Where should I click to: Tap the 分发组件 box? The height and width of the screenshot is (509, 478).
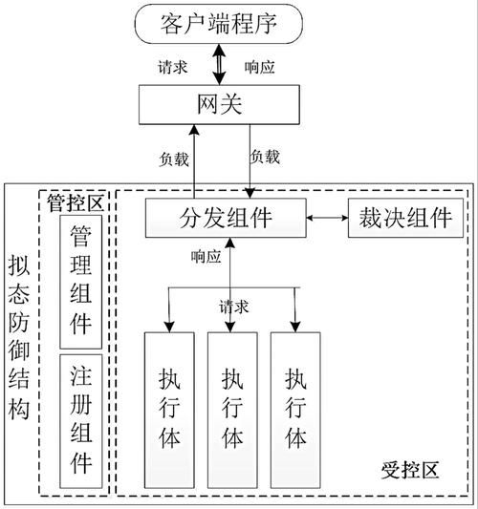(226, 218)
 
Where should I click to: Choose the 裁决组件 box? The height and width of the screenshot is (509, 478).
(405, 218)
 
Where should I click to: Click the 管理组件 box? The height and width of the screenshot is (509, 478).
(80, 282)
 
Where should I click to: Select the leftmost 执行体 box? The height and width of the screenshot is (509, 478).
(168, 410)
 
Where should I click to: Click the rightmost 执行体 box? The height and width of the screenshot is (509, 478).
(295, 410)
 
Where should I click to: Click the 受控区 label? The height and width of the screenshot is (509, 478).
(409, 471)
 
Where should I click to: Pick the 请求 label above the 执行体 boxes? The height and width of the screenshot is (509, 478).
(234, 307)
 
